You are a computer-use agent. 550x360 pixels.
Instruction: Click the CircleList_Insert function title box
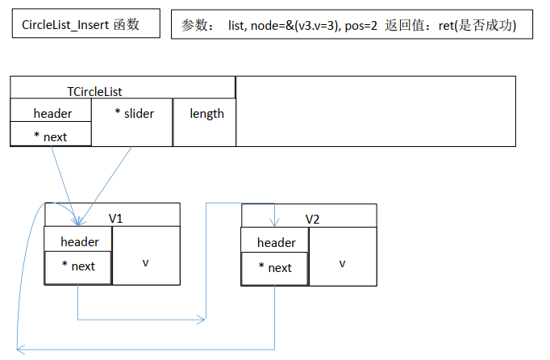(x=80, y=25)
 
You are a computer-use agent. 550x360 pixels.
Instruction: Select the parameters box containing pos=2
(x=354, y=26)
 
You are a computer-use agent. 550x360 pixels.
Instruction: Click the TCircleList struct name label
(x=95, y=91)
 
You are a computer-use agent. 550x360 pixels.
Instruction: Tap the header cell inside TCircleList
(x=52, y=113)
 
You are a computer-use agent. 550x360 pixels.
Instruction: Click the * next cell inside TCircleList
(x=51, y=136)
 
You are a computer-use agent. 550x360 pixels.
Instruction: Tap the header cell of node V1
(x=79, y=241)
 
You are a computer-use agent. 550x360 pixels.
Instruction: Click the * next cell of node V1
(x=77, y=266)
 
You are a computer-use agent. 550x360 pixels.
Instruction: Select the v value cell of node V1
(x=146, y=262)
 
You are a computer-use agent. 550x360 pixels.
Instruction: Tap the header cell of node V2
(x=276, y=242)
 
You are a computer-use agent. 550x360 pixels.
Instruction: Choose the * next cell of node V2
(x=275, y=267)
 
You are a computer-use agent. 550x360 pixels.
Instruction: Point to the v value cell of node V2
(x=342, y=263)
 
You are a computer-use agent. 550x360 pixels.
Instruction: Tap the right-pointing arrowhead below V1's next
(x=201, y=320)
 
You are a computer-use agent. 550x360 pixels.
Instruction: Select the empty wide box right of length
(x=375, y=111)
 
